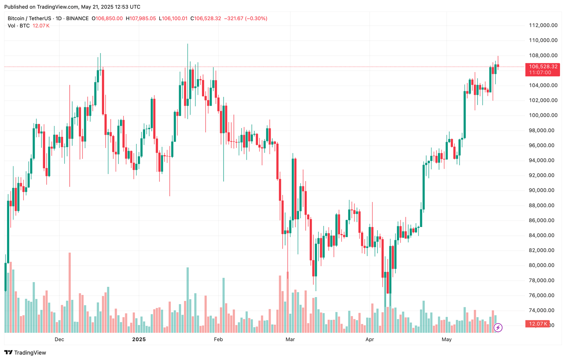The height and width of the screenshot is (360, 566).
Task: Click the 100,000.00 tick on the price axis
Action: point(543,115)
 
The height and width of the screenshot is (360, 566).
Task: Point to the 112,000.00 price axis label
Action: point(543,25)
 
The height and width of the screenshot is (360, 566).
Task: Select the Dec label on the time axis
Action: point(59,339)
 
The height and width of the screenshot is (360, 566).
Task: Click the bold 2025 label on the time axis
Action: point(139,339)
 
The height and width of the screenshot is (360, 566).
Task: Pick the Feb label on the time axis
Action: point(218,339)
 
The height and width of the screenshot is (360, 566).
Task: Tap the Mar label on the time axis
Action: point(290,339)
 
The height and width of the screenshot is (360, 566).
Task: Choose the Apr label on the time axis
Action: point(370,339)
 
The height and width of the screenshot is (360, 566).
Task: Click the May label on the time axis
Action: point(446,339)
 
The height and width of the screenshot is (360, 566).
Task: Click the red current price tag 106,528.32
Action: point(543,67)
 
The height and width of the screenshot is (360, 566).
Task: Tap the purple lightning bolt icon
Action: point(498,327)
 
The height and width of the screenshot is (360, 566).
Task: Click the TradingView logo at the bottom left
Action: point(25,353)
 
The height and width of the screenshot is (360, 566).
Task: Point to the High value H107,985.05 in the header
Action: point(141,18)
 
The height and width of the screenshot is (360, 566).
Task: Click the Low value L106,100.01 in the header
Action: point(173,18)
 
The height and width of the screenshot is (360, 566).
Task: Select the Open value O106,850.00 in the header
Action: point(107,18)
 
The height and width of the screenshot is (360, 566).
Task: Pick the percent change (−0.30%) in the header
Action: point(256,18)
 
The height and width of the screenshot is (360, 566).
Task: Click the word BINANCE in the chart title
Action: point(77,18)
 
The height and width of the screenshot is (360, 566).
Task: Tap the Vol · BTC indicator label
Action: point(19,26)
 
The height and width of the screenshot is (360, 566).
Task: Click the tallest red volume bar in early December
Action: point(70,293)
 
